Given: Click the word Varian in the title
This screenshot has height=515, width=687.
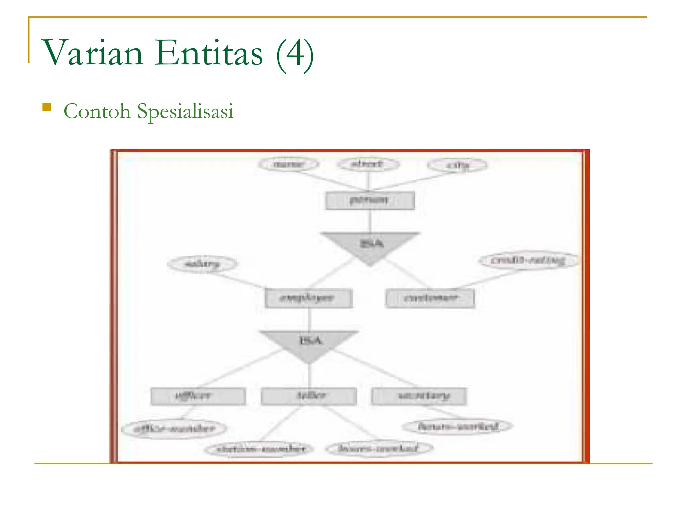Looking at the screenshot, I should pos(93,53).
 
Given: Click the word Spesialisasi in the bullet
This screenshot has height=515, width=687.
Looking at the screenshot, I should pos(185,111).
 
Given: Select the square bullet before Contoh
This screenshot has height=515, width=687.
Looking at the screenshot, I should pos(47,107).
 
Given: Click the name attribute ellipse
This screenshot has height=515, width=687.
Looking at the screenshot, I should pos(289,164).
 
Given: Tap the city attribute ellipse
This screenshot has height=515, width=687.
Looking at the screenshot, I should pos(458,165).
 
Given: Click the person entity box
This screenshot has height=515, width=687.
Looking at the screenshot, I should pos(370,201).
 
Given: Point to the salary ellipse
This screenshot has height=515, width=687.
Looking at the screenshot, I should pos(202,264).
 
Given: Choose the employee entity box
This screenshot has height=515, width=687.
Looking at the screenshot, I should pos(308,298).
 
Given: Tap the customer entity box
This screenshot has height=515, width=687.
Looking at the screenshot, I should pos(430,298).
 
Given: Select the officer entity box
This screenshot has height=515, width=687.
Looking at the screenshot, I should pos(198,396).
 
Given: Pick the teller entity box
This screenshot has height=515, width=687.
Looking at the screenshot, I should pos(309,396).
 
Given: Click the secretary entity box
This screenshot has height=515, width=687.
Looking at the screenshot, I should pos(419,396).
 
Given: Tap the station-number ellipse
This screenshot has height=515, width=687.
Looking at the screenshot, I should pos(260,449).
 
